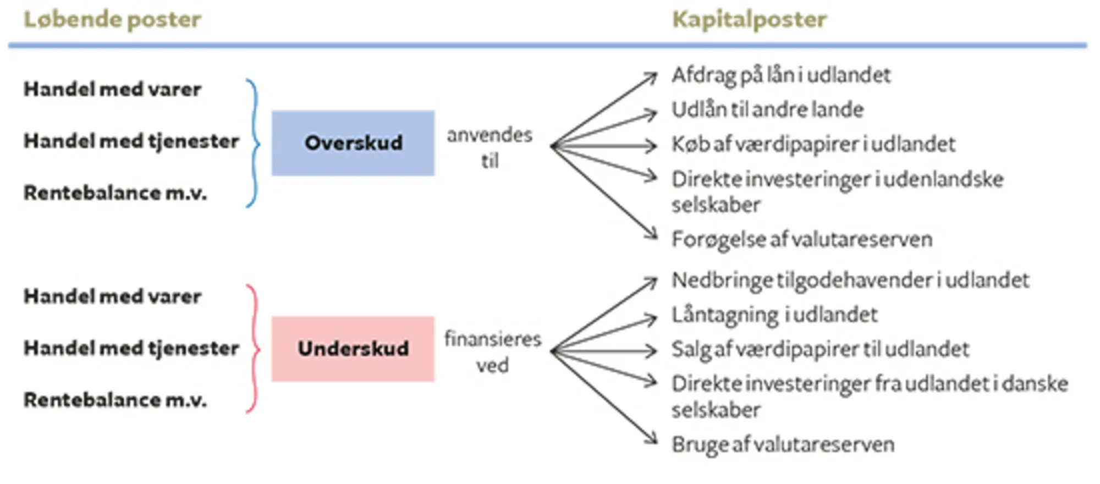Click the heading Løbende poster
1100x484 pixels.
[112, 20]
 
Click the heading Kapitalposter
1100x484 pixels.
[749, 20]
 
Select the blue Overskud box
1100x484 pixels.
[353, 143]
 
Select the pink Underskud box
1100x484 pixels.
[353, 349]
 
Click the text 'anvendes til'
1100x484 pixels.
[490, 147]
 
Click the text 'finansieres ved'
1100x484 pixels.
[493, 352]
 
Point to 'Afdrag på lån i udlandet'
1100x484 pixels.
[781, 75]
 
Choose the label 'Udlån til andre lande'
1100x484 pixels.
[768, 110]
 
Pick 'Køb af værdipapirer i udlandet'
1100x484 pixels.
[813, 145]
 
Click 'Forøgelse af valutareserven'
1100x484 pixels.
[802, 240]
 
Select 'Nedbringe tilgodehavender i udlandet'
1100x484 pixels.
[850, 280]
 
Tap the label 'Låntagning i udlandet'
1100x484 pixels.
[774, 315]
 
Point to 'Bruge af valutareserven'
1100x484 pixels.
[783, 444]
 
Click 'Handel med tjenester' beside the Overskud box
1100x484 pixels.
[131, 141]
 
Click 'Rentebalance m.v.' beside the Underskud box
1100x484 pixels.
[115, 400]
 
